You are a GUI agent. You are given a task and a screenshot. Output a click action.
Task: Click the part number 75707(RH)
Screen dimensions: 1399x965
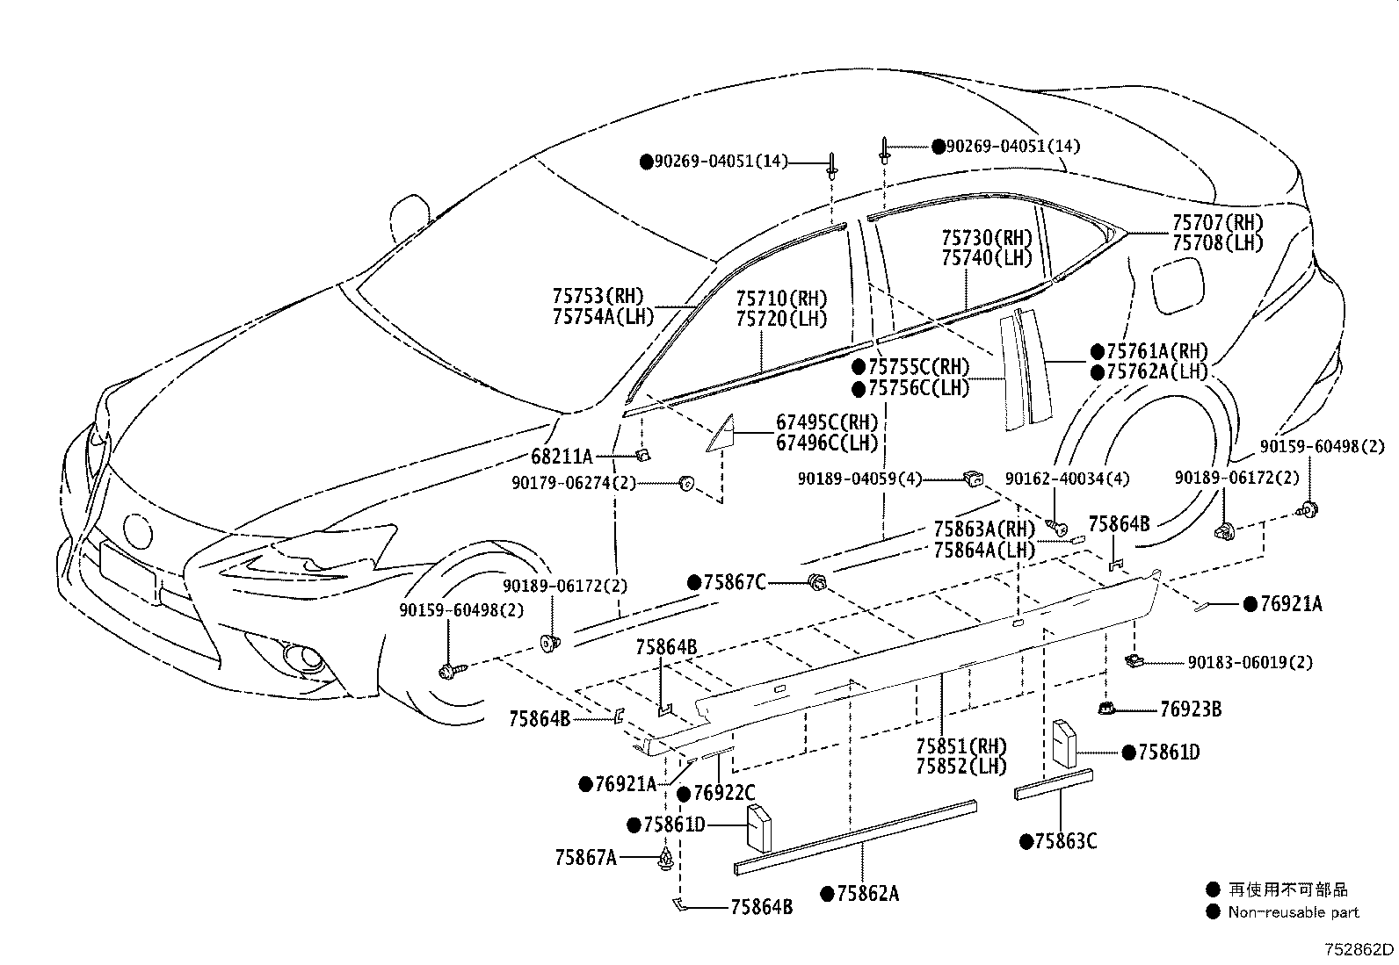[1217, 223]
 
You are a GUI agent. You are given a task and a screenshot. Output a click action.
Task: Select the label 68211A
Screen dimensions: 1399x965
[561, 457]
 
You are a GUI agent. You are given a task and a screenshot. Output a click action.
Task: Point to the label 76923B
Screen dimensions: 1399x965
[1191, 709]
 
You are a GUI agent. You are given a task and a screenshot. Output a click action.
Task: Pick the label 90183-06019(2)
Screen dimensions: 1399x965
[1250, 662]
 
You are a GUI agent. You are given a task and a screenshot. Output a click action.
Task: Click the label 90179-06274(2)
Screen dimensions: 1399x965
[573, 483]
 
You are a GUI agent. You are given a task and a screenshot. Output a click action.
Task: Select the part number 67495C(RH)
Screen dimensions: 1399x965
[827, 422]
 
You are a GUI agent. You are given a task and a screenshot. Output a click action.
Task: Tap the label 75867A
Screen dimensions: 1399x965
[585, 858]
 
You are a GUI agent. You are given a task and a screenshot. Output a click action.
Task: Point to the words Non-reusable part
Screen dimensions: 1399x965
[1294, 912]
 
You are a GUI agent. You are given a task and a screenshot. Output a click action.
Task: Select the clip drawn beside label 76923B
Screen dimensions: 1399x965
[1106, 709]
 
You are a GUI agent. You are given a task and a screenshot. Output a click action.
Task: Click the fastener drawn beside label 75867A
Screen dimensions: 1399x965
[666, 859]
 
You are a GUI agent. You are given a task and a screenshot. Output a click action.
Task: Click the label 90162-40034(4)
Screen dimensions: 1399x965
[1068, 479]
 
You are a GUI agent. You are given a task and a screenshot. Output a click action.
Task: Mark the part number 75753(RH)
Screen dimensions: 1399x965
[598, 296]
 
